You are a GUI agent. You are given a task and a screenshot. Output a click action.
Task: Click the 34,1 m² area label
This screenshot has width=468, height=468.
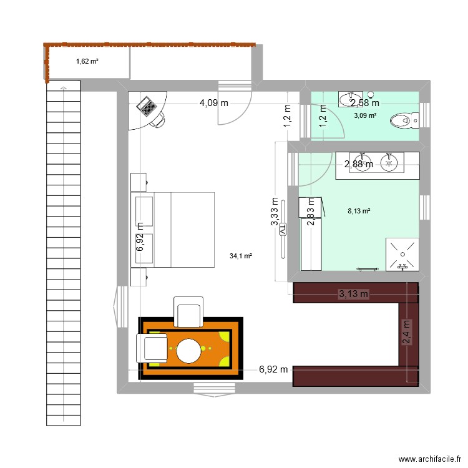241,256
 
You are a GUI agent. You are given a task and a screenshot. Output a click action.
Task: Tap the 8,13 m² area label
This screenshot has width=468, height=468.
359,211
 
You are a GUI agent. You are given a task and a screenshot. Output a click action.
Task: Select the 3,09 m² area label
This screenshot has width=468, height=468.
365,115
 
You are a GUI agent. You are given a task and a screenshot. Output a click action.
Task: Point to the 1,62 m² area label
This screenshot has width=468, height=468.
88,61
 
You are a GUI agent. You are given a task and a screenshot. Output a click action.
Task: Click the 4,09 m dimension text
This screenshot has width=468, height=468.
213,104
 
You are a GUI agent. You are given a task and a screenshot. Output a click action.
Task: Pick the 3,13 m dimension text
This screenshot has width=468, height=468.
354,294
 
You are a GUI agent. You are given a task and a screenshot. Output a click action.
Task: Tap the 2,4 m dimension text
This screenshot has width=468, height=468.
406,332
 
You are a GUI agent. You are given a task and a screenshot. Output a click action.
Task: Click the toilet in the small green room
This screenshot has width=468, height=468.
402,120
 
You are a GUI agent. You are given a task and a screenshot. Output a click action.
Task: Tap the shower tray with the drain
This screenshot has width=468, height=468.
403,253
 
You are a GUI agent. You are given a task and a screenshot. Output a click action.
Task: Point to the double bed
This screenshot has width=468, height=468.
173,230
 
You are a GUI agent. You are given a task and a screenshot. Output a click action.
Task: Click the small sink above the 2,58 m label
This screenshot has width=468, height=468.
347,99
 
